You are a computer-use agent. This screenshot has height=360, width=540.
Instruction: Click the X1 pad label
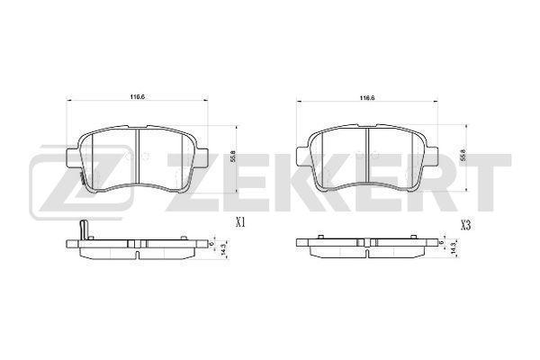tap(240, 223)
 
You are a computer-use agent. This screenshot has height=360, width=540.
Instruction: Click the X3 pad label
tap(465, 225)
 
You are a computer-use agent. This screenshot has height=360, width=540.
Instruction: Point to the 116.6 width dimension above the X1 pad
tap(137, 97)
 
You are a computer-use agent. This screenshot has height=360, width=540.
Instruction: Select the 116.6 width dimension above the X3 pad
tap(367, 98)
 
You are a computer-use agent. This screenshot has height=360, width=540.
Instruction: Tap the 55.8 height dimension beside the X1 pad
tap(232, 157)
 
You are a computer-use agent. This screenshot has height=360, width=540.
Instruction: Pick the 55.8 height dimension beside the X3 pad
tap(463, 157)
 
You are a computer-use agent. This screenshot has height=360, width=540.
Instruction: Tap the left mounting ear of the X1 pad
tap(72, 157)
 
